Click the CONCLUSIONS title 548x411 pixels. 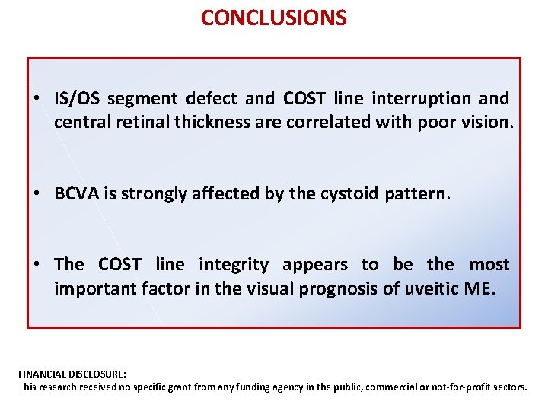(x=274, y=18)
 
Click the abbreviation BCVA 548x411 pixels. (x=75, y=193)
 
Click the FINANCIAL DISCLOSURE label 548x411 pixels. (x=72, y=374)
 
